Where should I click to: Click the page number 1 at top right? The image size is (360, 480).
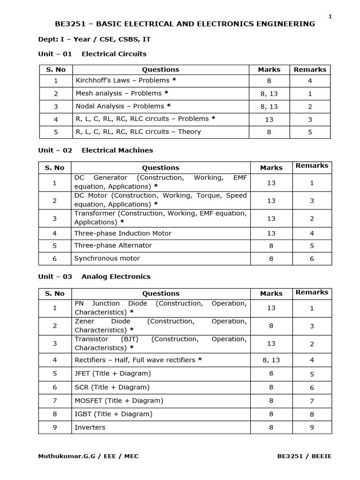click(330, 16)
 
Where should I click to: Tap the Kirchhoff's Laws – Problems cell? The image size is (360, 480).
click(122, 81)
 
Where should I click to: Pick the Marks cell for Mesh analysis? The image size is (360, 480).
click(269, 94)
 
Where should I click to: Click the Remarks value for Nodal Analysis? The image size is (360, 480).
click(310, 106)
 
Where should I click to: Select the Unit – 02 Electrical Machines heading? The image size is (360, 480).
click(95, 150)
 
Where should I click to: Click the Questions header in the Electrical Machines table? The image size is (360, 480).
click(160, 167)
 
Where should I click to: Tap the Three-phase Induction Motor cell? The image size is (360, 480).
click(123, 233)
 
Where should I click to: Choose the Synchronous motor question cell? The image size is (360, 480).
click(107, 258)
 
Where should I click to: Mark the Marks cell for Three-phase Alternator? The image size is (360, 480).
click(271, 246)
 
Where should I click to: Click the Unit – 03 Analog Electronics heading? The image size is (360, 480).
click(94, 277)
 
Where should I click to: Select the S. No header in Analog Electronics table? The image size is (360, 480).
click(55, 293)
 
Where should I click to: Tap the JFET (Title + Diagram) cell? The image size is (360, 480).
click(113, 374)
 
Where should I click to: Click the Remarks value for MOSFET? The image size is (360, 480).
click(312, 401)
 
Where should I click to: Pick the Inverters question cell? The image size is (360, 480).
click(90, 427)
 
